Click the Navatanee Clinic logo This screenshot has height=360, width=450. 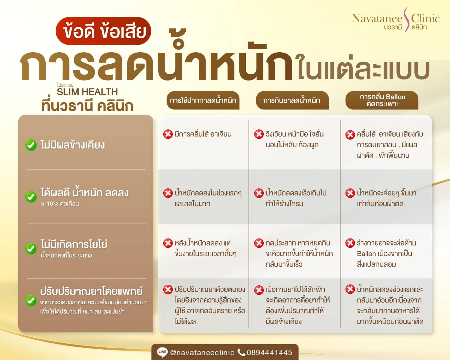pos(396,20)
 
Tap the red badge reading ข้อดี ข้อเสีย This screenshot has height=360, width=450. pos(103,31)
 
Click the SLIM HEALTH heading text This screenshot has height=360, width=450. pos(87,92)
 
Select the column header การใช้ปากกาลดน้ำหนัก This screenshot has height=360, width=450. pos(203,100)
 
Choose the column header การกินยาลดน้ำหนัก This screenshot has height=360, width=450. pos(292,100)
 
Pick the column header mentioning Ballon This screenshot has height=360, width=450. pos(382,100)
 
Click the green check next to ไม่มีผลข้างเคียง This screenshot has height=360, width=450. pos(31,145)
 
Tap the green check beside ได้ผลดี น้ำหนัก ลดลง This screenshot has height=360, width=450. pos(31,197)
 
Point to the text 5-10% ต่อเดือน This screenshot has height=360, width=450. pos(60,204)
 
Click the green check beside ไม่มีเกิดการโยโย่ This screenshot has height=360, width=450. pos(31,249)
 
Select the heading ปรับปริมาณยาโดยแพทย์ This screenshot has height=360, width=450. pos(91,291)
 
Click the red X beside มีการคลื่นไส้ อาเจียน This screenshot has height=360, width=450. pos(168,134)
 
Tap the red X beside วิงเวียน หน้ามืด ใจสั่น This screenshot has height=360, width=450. pos(259,134)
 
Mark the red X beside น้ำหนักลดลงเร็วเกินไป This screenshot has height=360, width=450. pos(259,193)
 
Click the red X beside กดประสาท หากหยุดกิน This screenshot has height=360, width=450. pos(259,243)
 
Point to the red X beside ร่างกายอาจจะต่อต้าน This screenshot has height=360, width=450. pos(350,243)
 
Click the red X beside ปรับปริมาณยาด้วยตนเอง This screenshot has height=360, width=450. pos(168,290)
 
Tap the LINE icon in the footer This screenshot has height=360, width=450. pos(162,352)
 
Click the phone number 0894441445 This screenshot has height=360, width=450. pos(269,352)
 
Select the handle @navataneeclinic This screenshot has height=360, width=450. pos(202,353)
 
